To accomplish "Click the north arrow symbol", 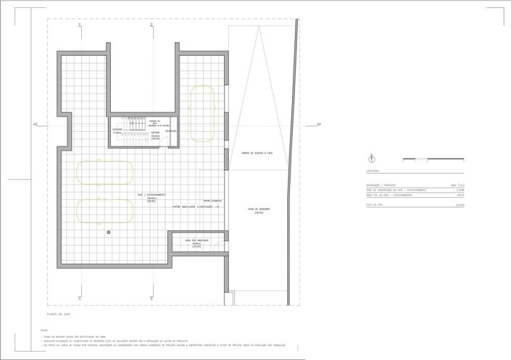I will click(x=372, y=157).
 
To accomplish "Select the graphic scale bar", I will click(x=419, y=158).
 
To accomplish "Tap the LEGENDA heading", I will click(x=373, y=171).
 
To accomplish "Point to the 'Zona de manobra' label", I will click(x=259, y=210).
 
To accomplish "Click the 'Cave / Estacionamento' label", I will click(x=151, y=194).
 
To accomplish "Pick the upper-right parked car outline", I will click(x=203, y=114).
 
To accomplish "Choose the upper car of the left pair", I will click(x=105, y=171).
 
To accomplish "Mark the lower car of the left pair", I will click(x=105, y=209).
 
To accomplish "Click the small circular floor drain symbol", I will click(x=109, y=232).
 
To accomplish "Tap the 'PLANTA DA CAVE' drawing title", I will click(x=57, y=315).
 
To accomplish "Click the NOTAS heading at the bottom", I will click(x=44, y=330).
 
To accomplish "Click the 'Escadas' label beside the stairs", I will click(x=117, y=130).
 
